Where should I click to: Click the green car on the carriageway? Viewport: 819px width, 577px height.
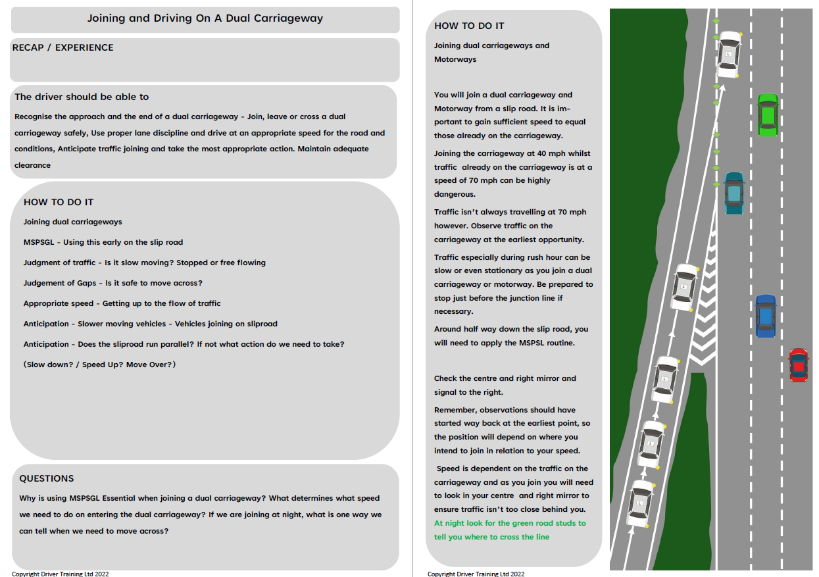click(767, 115)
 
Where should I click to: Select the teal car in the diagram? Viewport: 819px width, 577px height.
click(733, 193)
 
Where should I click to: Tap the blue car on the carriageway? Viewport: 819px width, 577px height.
click(765, 316)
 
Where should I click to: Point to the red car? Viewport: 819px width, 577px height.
click(798, 365)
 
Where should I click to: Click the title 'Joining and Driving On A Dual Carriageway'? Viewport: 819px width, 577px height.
click(205, 18)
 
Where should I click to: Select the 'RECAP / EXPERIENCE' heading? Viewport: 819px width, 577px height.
click(63, 47)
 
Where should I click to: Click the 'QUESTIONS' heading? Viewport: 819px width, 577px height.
click(47, 478)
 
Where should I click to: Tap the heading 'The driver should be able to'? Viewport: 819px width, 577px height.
click(82, 97)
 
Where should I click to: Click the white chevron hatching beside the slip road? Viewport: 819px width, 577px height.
click(703, 309)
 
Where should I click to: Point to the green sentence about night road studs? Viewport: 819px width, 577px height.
click(510, 530)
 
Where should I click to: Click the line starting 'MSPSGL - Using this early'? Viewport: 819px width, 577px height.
click(103, 242)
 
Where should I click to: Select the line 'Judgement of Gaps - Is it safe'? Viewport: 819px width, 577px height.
click(113, 283)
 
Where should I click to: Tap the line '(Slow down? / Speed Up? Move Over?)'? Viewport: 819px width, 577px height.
click(100, 364)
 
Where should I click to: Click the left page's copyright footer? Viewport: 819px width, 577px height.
click(61, 574)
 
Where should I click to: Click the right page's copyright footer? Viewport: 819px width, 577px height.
click(476, 574)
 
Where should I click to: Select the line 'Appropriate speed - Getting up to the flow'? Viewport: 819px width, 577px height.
click(122, 303)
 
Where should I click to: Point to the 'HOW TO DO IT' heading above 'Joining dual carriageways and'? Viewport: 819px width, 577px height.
click(469, 26)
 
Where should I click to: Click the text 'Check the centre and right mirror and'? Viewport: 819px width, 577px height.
click(505, 378)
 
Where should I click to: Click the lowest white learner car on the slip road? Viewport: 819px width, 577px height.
click(639, 504)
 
